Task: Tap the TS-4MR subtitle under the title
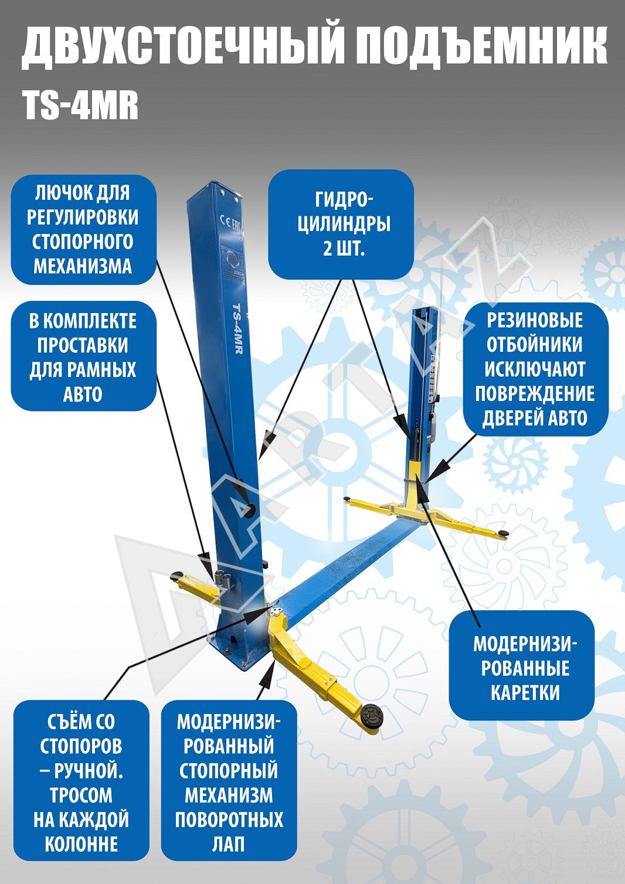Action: pos(80,106)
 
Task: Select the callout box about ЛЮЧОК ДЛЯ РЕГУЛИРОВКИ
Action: pos(83,230)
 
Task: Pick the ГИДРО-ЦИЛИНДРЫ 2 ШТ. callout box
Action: pos(341,225)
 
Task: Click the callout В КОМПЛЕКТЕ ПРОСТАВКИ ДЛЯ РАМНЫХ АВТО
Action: pos(83,356)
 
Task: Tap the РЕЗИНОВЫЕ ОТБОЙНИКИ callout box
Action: pos(535,369)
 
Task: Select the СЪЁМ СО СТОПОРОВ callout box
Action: pos(81,777)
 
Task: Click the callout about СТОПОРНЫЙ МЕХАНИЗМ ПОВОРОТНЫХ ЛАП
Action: pos(229,777)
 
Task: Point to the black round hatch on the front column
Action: pos(250,511)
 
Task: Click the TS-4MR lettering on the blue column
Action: pos(237,329)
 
